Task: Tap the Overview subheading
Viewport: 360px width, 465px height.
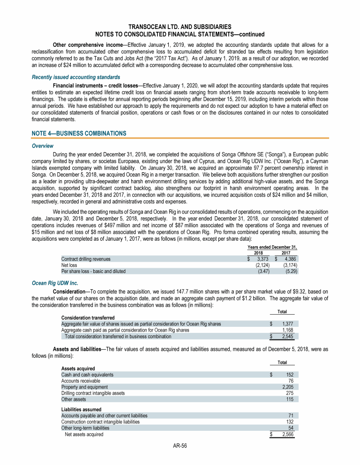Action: [42, 146]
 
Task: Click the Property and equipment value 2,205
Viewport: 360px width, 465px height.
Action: [285, 387]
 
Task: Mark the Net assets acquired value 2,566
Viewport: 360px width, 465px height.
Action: [285, 434]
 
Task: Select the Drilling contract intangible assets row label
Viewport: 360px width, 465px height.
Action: [93, 393]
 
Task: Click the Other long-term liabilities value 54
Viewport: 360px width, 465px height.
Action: [290, 428]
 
